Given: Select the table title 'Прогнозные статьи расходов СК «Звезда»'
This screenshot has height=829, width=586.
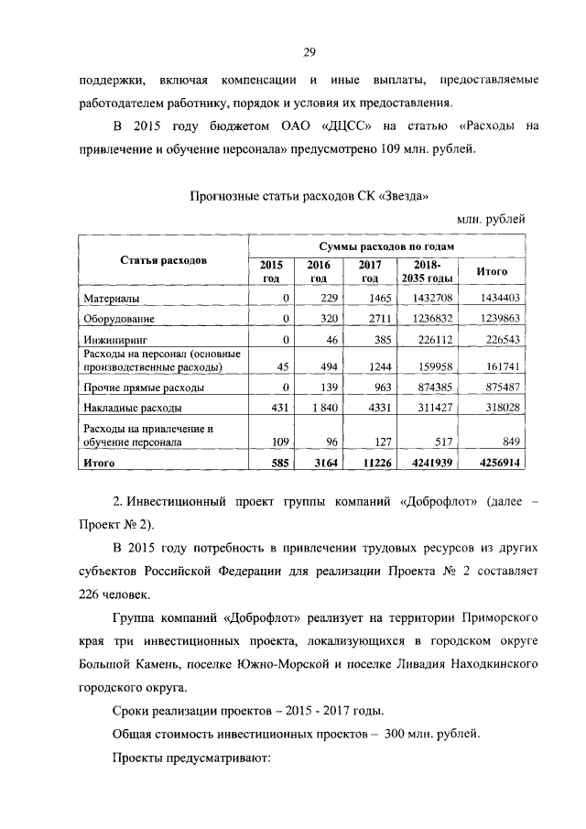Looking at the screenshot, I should (x=308, y=195).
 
